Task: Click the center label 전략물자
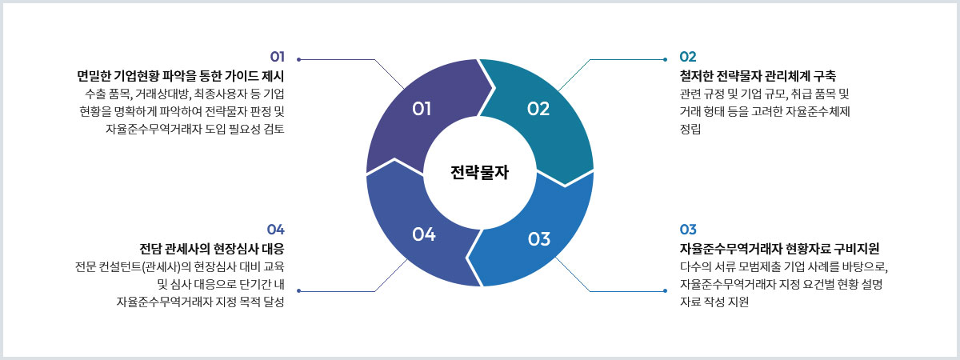coord(479,172)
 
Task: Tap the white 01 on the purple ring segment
coord(422,109)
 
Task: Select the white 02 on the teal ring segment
coord(538,109)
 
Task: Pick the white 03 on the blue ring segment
coord(539,239)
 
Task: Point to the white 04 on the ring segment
coord(424,234)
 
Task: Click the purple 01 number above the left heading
coord(278,57)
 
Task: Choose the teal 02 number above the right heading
coord(688,57)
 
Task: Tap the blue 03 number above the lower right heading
coord(688,230)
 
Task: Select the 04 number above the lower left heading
coord(275,230)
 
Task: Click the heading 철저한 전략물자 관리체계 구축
coord(758,76)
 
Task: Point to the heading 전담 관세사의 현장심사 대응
coord(212,249)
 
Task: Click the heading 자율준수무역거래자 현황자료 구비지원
coord(779,249)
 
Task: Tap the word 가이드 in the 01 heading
coord(238,76)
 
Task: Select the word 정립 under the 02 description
coord(690,129)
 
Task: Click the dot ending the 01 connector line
coord(298,59)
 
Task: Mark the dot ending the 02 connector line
coord(665,59)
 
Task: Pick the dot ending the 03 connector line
coord(665,291)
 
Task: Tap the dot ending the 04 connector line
coord(298,291)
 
